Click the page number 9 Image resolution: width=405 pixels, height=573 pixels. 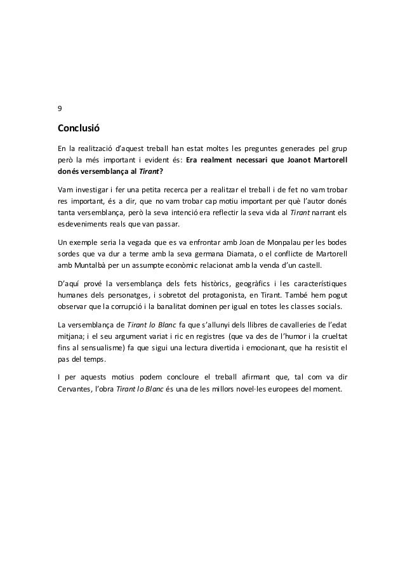[60, 107]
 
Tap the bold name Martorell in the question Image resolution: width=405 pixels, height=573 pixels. [328, 159]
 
